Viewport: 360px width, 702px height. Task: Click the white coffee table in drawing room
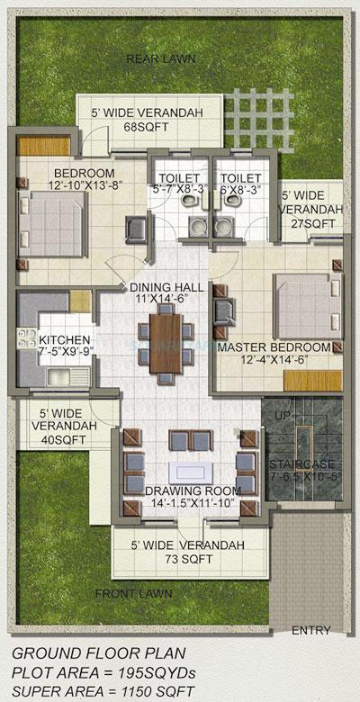coord(188,472)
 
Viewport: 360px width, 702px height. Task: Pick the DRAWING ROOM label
coord(186,491)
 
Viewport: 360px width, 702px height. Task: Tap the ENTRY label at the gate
coord(310,631)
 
